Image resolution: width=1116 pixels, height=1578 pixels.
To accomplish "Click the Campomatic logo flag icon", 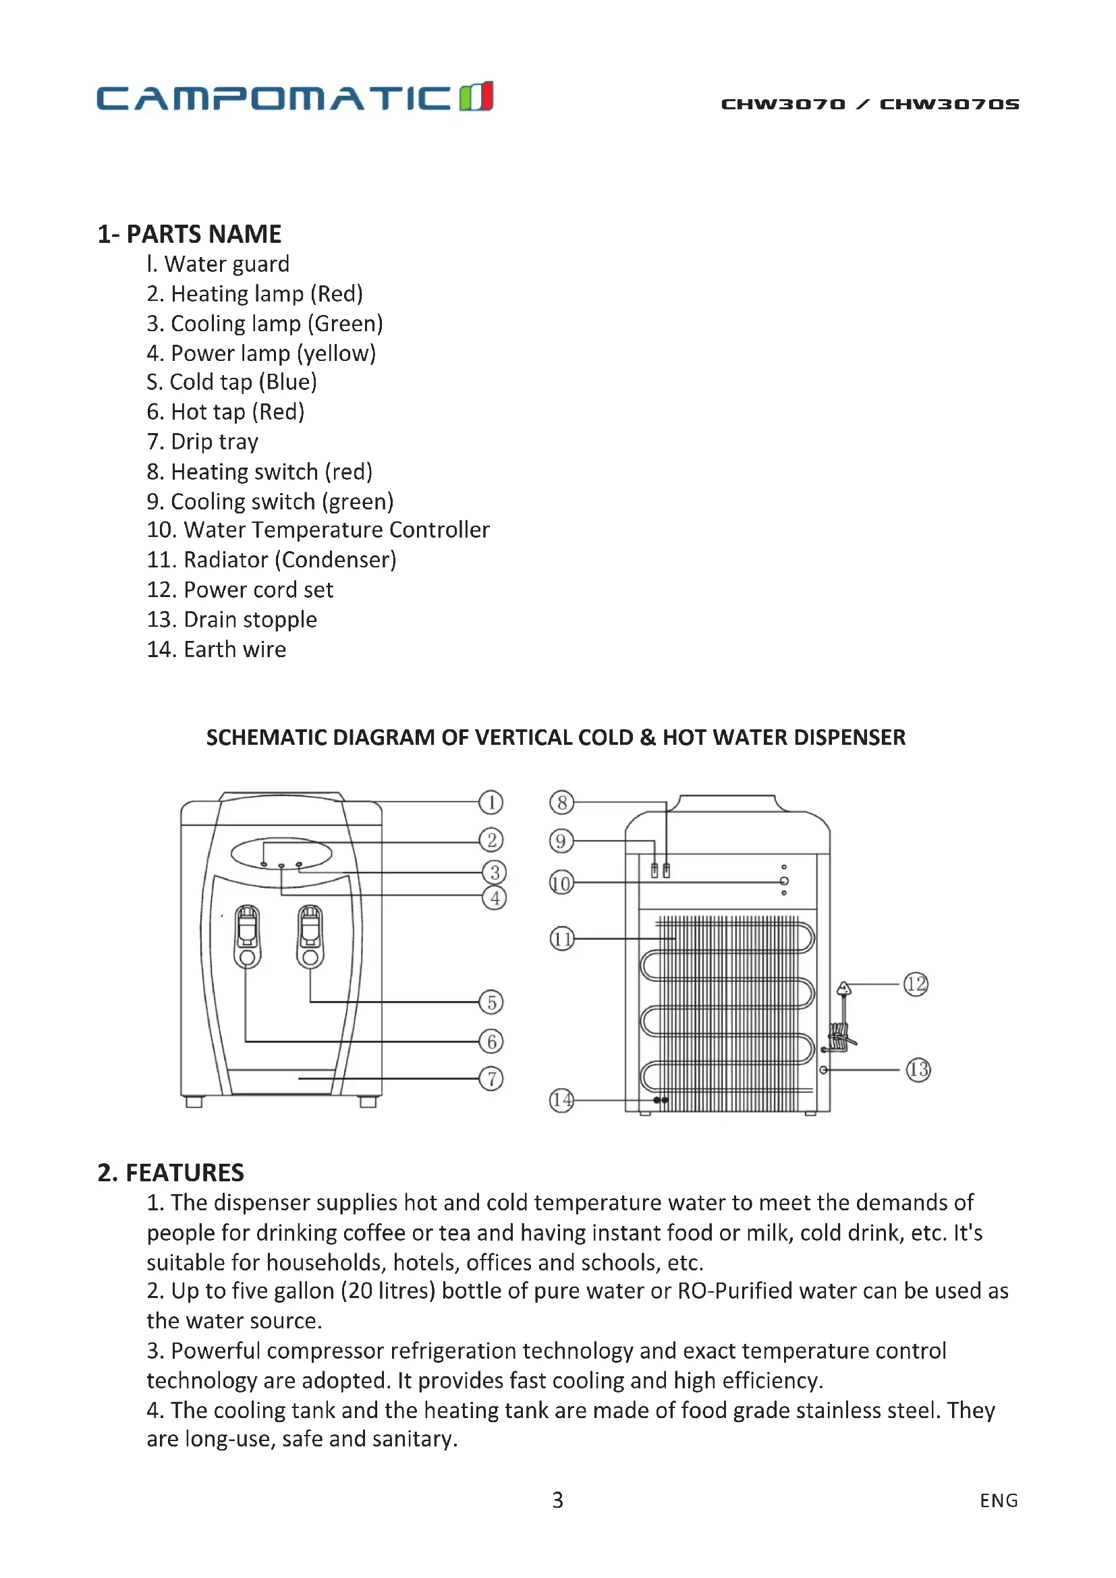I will point(476,96).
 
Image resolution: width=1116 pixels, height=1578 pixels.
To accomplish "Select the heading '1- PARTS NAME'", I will point(189,234).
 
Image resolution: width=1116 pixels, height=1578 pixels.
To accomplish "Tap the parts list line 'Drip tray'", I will point(202,442).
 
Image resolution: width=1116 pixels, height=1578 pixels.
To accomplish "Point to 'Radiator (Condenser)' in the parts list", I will point(271,560).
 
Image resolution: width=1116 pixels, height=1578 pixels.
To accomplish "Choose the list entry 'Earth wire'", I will point(217,650).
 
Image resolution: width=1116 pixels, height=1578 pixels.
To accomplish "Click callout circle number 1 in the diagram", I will point(491,802).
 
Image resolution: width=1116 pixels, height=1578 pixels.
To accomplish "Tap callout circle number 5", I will point(491,1002).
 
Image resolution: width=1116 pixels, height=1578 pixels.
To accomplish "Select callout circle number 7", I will point(491,1078).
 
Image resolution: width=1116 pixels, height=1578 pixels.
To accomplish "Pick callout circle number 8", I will point(561,802).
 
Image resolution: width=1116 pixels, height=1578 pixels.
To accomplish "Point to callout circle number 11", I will point(561,938).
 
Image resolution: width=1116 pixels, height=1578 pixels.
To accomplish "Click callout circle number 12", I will point(916,984).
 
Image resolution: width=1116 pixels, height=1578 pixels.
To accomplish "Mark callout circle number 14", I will point(561,1100).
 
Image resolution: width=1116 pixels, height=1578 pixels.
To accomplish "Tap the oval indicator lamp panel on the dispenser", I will point(281,853).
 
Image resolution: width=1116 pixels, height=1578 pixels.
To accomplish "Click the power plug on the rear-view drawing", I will point(844,990).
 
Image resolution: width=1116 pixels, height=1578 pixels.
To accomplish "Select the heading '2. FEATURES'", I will point(171,1173).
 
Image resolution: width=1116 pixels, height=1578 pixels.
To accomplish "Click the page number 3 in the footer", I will point(557,1500).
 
